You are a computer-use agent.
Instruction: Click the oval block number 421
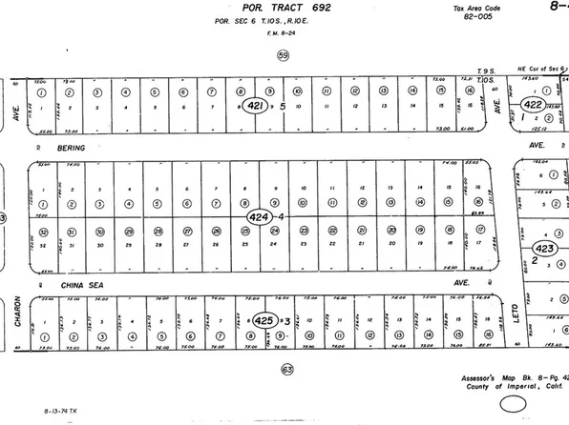[255, 105]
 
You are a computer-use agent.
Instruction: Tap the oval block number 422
[535, 106]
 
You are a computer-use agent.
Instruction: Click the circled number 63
[285, 369]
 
